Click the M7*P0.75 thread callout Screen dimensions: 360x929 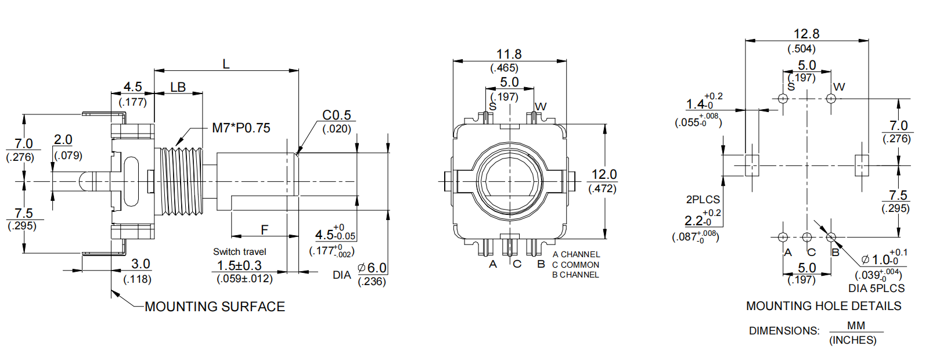point(240,128)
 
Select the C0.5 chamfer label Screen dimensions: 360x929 point(337,115)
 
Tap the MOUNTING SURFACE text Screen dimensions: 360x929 point(214,307)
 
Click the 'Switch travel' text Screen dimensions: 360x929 point(239,251)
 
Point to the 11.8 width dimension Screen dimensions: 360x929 point(509,54)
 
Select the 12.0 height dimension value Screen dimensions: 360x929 point(604,174)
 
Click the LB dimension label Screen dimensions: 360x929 point(178,87)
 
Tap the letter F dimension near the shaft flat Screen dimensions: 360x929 point(264,230)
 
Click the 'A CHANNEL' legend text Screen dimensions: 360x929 point(576,254)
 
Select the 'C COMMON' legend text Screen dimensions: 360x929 point(575,265)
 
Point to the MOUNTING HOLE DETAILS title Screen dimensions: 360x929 point(823,306)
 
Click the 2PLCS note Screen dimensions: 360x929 point(703,199)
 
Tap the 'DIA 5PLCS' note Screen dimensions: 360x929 point(876,289)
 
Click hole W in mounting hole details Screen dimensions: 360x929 point(831,98)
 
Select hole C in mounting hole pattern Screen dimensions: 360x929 point(806,237)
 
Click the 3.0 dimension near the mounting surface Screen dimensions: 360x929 point(141,264)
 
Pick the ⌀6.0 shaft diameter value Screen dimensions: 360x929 point(372,268)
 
